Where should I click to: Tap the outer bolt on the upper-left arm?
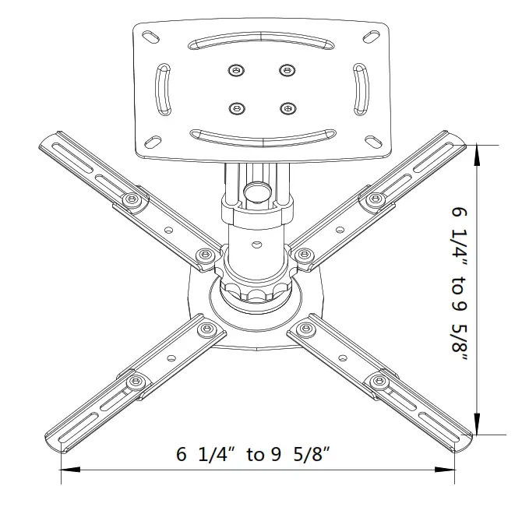click(135, 200)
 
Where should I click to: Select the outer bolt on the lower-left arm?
click(137, 381)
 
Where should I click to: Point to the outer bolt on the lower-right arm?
click(380, 381)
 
